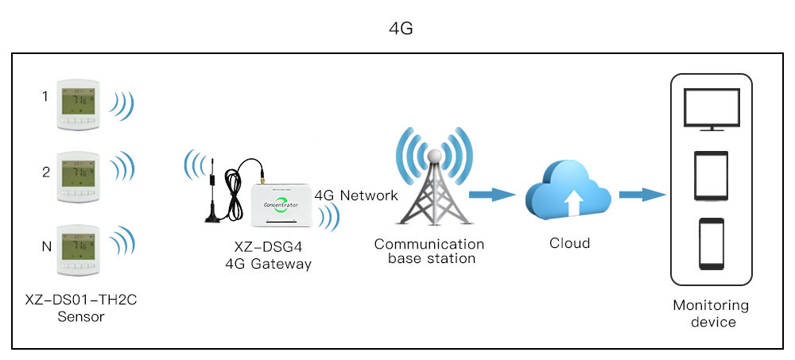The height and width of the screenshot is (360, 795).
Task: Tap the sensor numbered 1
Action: pyautogui.click(x=76, y=104)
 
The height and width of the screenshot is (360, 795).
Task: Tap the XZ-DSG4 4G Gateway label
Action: pyautogui.click(x=268, y=257)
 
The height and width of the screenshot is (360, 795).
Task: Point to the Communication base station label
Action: pyautogui.click(x=429, y=251)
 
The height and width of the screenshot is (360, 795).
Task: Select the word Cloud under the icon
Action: pyautogui.click(x=569, y=243)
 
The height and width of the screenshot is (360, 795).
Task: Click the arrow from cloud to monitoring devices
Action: pyautogui.click(x=641, y=194)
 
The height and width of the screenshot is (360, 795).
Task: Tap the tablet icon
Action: pyautogui.click(x=711, y=176)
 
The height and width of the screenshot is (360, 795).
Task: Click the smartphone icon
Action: pyautogui.click(x=711, y=245)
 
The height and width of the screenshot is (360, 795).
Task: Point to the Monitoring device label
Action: pyautogui.click(x=711, y=313)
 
